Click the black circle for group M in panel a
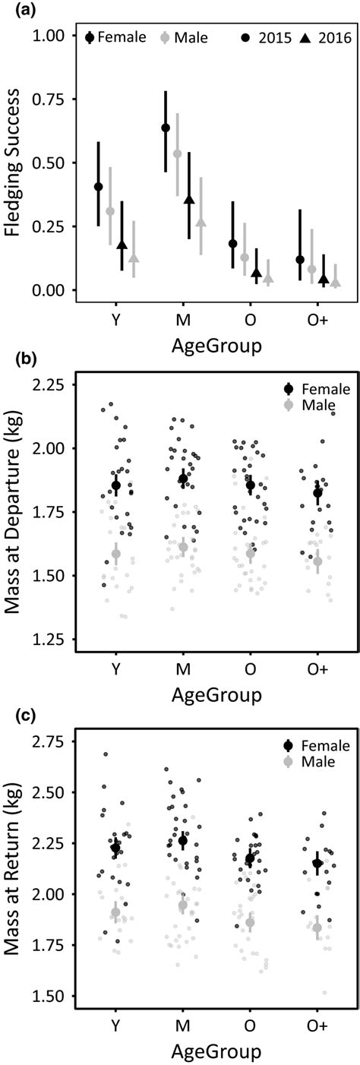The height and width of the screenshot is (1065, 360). point(166,128)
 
